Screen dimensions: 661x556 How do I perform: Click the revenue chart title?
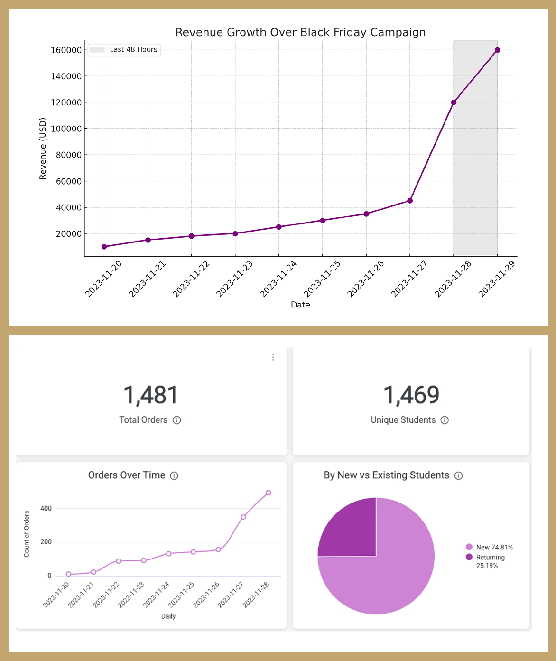point(300,32)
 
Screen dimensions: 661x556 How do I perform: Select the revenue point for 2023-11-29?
point(497,50)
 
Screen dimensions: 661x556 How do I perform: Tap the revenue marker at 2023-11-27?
point(410,201)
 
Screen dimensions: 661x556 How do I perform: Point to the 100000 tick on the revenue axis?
point(66,129)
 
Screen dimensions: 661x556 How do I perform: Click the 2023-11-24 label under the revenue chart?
point(278,279)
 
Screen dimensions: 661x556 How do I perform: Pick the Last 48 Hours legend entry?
point(124,50)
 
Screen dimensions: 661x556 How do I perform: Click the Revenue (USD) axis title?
point(43,149)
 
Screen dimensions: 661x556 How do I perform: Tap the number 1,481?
point(151,395)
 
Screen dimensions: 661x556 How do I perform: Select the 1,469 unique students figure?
point(411,395)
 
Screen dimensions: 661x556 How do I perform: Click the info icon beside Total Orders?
point(177,420)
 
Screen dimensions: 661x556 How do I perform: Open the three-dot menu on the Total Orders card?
point(273,357)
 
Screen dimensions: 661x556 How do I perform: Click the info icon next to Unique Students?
point(445,420)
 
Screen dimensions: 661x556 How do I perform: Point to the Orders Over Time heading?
point(127,475)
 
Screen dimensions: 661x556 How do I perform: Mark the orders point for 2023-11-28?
point(269,493)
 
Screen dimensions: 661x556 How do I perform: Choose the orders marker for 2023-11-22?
point(119,561)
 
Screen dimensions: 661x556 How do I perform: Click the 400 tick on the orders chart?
point(46,508)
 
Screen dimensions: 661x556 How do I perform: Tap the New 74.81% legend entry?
point(490,547)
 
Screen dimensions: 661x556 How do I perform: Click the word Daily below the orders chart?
point(168,616)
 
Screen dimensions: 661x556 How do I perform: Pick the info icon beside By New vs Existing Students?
point(458,475)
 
